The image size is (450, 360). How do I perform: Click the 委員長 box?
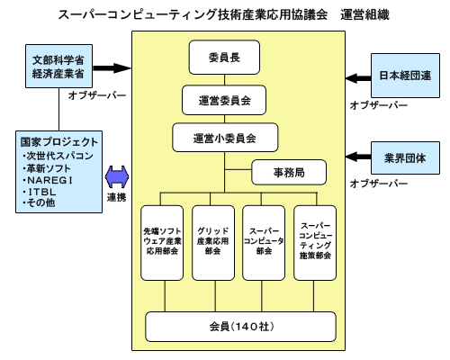click(224, 58)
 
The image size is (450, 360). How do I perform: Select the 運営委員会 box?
click(224, 100)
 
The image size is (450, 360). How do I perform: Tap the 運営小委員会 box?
click(225, 138)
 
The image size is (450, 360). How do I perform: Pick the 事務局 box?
click(289, 172)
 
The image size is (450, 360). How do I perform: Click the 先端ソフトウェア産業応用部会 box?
click(162, 243)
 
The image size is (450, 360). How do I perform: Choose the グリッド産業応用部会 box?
click(213, 243)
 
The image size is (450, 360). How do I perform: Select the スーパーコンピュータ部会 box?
click(264, 243)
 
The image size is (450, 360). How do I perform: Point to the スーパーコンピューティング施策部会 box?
click(315, 243)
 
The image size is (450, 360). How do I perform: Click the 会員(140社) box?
click(240, 327)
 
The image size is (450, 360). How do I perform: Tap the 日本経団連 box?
click(405, 76)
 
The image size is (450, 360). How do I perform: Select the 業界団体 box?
click(405, 158)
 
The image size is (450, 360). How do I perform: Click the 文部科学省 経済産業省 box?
click(58, 67)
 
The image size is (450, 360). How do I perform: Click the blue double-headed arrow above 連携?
click(117, 177)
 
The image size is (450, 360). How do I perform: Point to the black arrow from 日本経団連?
click(358, 78)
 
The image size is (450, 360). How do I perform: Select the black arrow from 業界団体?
click(358, 157)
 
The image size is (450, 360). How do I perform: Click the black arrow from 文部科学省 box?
click(112, 68)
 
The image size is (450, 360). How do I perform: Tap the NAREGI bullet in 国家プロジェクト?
click(48, 180)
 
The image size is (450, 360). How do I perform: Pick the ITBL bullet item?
click(40, 192)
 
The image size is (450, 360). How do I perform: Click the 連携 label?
click(117, 197)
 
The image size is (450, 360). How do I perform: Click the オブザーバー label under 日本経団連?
click(379, 105)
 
